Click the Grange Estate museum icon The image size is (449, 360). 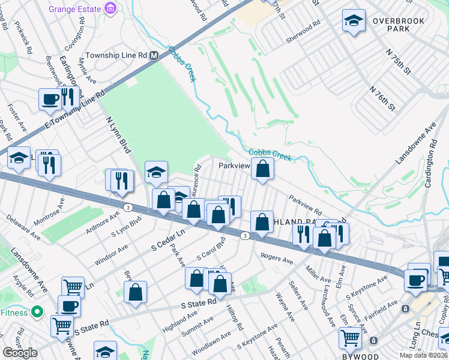(x=110, y=9)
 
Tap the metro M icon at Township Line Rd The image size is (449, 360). (x=154, y=55)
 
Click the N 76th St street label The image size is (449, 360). (x=382, y=98)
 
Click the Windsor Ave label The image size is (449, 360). (x=111, y=255)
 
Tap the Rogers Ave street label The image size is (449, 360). (x=277, y=259)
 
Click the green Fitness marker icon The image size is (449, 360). (x=37, y=312)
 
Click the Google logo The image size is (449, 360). (x=20, y=353)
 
